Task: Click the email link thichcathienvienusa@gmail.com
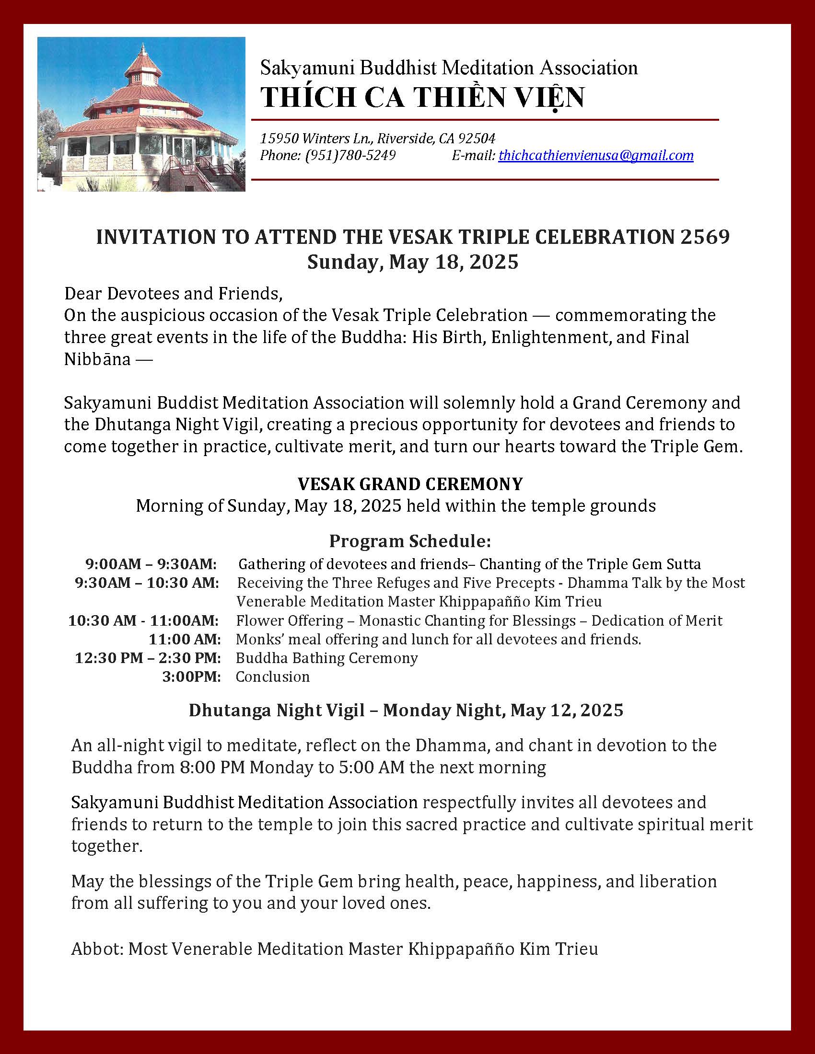point(596,155)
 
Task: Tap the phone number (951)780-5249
point(350,155)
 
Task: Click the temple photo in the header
point(141,115)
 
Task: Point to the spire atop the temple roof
point(143,51)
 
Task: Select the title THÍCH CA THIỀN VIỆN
point(422,97)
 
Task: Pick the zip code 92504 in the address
point(477,139)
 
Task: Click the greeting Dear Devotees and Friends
point(173,293)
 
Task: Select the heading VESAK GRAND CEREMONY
point(410,483)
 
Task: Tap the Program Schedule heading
point(410,541)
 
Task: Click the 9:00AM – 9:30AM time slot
point(151,564)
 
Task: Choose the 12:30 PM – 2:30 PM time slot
point(148,658)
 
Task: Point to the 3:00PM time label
point(191,677)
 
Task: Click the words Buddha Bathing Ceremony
point(326,658)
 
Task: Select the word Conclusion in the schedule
point(272,677)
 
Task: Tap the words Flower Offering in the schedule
point(289,620)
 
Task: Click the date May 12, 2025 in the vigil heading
point(566,710)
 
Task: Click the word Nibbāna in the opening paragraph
point(97,360)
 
